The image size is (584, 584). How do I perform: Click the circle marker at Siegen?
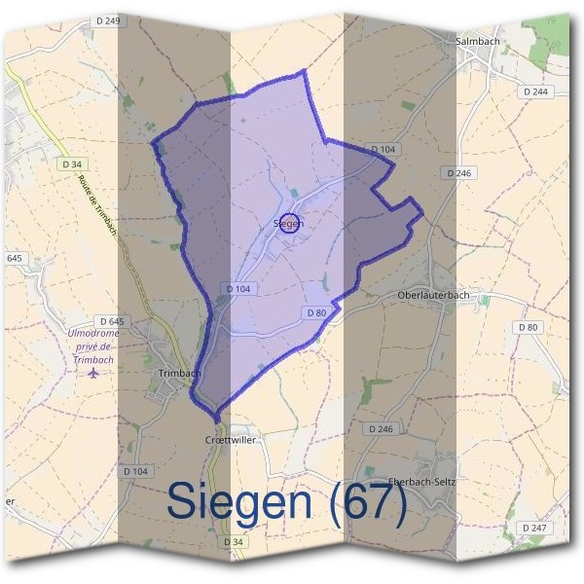point(289,223)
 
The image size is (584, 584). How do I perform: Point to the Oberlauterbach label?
point(434,295)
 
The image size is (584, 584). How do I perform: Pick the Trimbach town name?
point(178,373)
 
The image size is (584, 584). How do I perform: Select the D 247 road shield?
point(533,527)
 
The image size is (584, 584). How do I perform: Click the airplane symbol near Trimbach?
point(93,374)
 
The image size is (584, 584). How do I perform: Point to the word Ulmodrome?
point(93,334)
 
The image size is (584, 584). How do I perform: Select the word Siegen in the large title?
point(239,501)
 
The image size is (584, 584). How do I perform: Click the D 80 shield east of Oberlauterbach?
point(529,327)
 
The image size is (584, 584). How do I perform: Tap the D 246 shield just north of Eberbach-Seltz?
point(381,428)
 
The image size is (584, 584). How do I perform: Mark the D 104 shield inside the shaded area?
point(238,289)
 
